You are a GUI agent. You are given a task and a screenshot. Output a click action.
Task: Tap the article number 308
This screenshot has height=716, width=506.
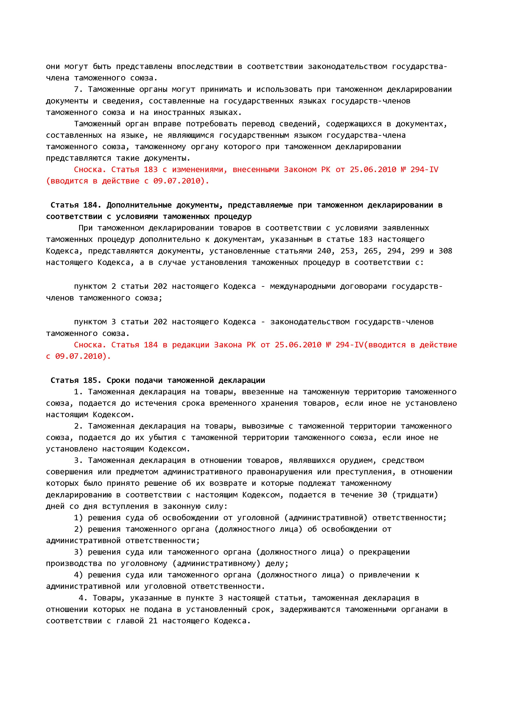(x=445, y=251)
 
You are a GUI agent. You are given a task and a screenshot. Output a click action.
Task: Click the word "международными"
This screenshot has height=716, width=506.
(x=302, y=286)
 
